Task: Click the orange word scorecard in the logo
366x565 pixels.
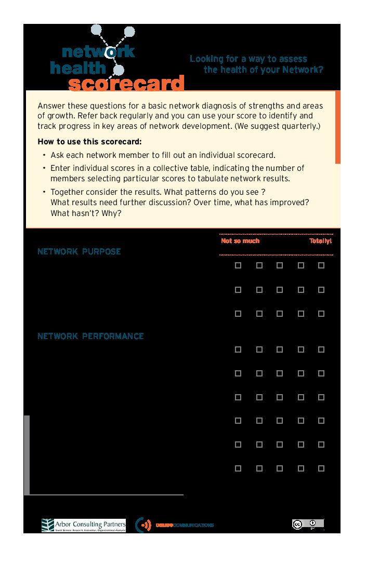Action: [x=126, y=84]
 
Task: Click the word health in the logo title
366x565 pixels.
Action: [x=78, y=68]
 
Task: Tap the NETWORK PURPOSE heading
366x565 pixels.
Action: [x=79, y=251]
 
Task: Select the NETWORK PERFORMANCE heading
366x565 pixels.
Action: [x=90, y=336]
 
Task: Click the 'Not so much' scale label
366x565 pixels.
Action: [x=240, y=241]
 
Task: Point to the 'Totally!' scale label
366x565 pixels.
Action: [x=320, y=241]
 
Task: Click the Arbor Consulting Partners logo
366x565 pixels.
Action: [x=84, y=525]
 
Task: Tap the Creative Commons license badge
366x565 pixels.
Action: [x=308, y=524]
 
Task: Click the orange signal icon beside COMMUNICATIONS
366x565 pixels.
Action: [x=144, y=525]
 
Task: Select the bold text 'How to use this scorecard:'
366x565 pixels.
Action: [x=89, y=142]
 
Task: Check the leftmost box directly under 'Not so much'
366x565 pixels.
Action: [x=238, y=265]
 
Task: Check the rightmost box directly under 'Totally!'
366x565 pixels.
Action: [x=321, y=265]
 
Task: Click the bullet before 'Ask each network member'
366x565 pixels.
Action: [x=44, y=155]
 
